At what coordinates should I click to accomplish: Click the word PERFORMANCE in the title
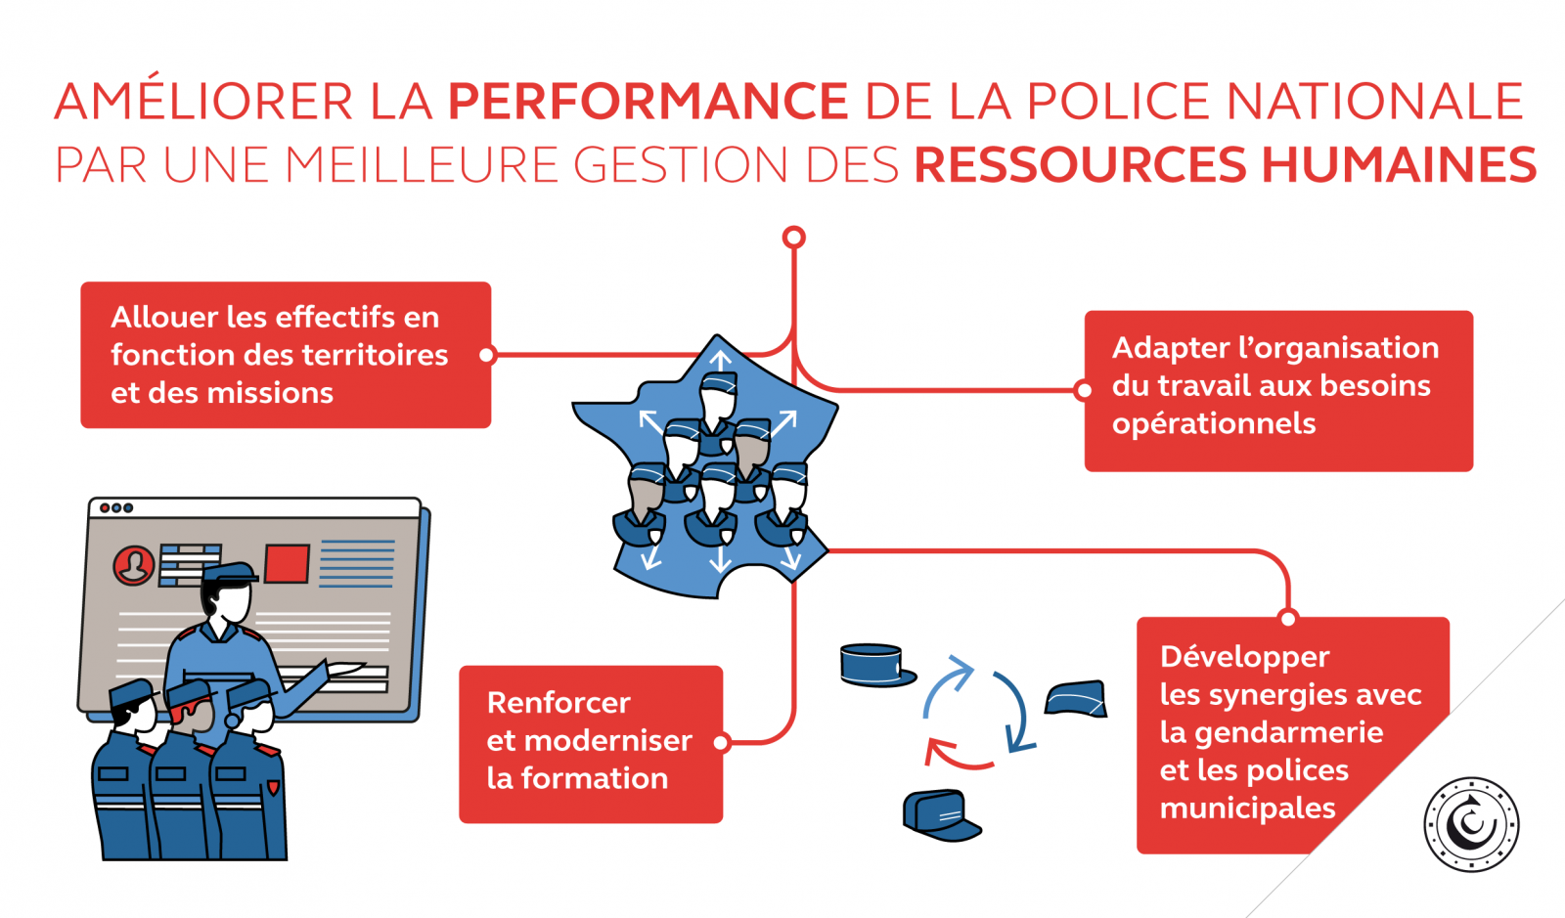(648, 102)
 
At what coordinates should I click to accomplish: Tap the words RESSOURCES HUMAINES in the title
(1225, 164)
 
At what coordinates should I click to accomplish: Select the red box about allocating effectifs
(286, 355)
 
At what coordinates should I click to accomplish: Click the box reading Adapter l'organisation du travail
(1278, 390)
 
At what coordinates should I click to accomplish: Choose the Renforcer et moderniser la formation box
(591, 744)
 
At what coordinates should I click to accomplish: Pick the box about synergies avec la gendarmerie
(1272, 733)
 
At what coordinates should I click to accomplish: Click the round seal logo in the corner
(1471, 824)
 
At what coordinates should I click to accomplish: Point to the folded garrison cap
(1076, 699)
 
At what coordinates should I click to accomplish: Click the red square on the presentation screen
(287, 564)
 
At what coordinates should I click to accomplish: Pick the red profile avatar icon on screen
(133, 565)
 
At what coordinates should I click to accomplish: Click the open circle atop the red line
(794, 237)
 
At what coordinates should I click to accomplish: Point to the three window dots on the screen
(116, 508)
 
